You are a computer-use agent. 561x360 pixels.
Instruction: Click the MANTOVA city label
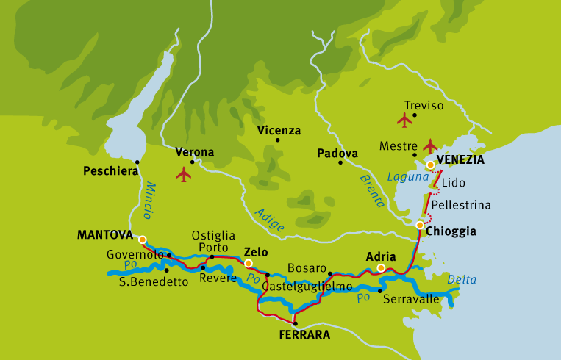coord(104,236)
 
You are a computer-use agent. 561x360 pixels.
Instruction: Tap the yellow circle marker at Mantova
coord(142,240)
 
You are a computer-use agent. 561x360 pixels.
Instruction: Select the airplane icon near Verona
coord(183,174)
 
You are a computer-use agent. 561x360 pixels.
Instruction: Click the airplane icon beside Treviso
coord(404,120)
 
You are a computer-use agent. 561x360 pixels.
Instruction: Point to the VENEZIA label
coord(461,159)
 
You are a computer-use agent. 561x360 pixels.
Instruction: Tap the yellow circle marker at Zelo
coord(249,263)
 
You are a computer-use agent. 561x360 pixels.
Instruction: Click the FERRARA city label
coord(304,335)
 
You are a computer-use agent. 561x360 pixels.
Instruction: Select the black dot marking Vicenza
coord(278,140)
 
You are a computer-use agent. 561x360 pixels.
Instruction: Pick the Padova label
coord(337,154)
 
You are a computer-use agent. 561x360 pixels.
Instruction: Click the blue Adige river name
coord(269,220)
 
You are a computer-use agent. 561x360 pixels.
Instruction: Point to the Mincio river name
coord(149,200)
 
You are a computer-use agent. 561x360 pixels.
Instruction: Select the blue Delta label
coord(462,279)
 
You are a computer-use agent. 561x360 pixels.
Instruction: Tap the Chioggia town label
coord(451,231)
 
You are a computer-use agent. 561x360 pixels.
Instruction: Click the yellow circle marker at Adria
coord(381,268)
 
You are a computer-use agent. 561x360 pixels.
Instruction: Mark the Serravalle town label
coord(412,299)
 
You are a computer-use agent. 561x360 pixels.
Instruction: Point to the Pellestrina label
coord(461,204)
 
